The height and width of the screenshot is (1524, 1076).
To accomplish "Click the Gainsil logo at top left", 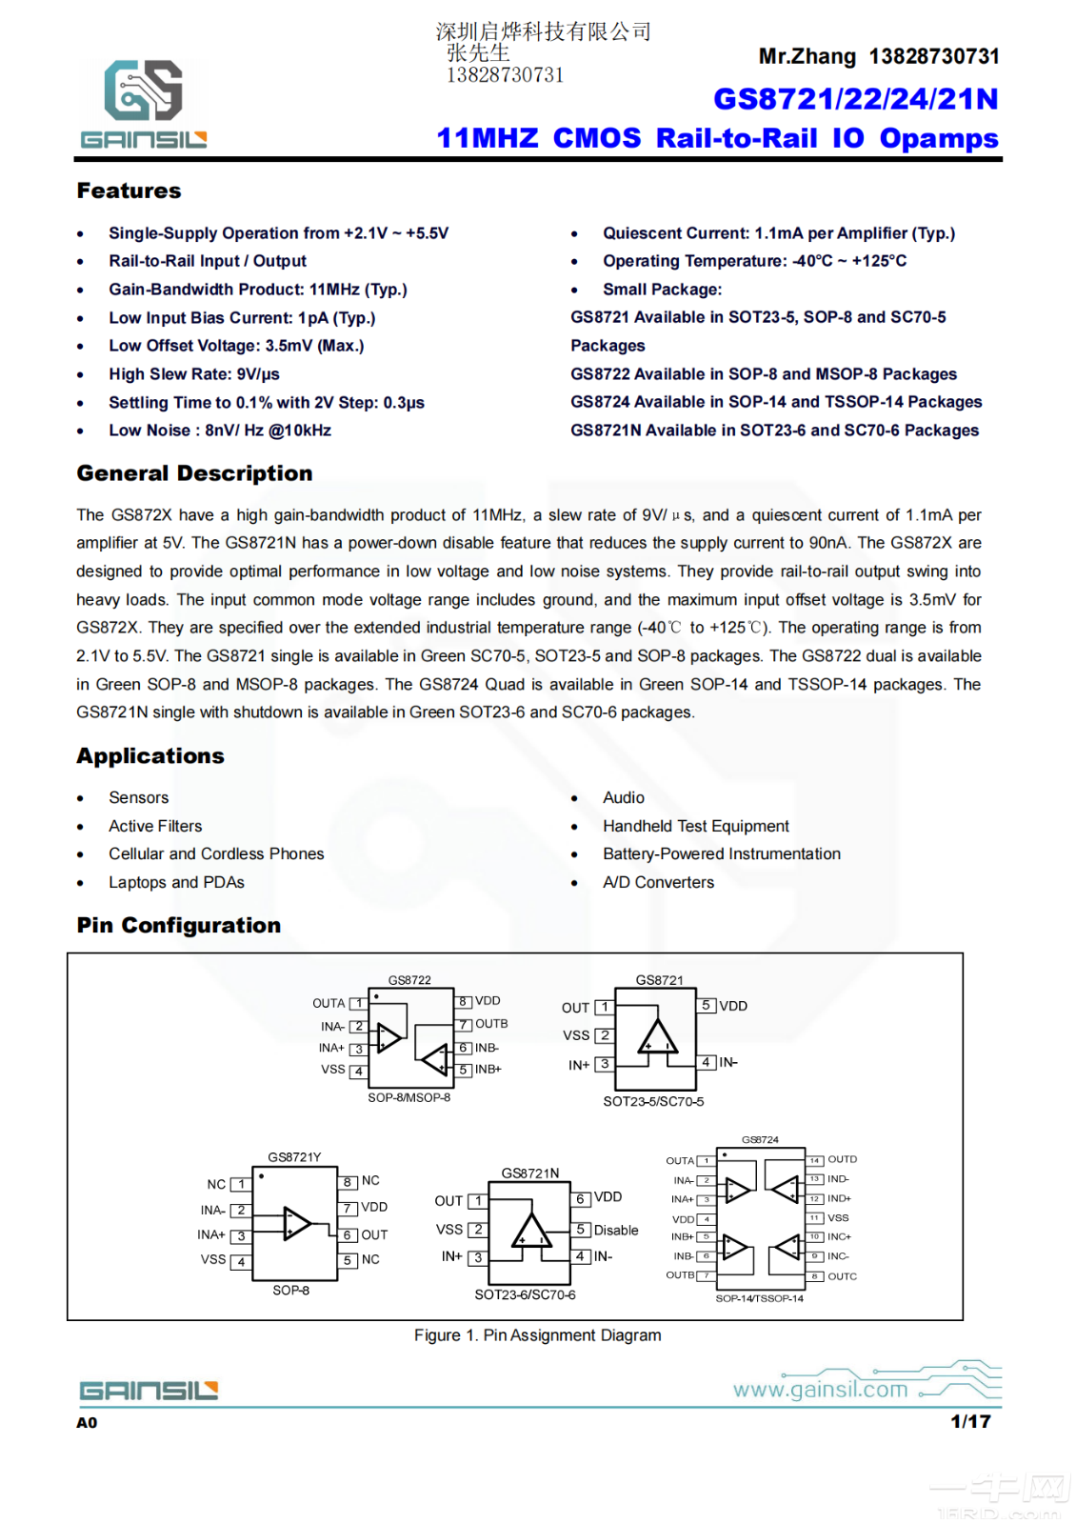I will [143, 104].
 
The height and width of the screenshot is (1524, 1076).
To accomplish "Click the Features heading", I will [129, 190].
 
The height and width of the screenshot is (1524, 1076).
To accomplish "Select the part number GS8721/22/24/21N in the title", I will [855, 99].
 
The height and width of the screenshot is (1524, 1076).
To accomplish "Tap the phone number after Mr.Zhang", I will [933, 56].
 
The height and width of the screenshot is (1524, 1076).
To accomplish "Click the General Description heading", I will [194, 473].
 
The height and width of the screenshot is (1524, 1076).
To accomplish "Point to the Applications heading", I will [150, 755].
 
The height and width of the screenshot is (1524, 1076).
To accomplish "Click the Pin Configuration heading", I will [179, 925].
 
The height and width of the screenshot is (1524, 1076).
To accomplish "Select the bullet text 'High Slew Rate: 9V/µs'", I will [194, 374].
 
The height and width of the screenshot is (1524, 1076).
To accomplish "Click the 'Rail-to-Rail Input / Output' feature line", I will [208, 261].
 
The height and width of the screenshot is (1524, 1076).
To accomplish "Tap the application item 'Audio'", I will [624, 797].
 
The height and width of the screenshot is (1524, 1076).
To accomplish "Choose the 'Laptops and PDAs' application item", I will [176, 882].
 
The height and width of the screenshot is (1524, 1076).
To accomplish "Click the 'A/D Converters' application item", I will [658, 882].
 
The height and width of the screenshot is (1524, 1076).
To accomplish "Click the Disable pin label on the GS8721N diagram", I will [616, 1230].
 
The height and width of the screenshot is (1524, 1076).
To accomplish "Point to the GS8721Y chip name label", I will [294, 1157].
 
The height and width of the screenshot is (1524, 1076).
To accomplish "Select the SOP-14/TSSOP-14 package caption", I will [759, 1298].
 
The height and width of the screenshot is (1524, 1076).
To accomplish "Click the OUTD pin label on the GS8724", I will [842, 1159].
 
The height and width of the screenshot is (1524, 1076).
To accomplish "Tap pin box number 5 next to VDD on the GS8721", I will [707, 1006].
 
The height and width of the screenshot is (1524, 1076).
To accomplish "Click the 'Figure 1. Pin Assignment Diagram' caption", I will [537, 1335].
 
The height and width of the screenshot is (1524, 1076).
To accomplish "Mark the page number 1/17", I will [970, 1421].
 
